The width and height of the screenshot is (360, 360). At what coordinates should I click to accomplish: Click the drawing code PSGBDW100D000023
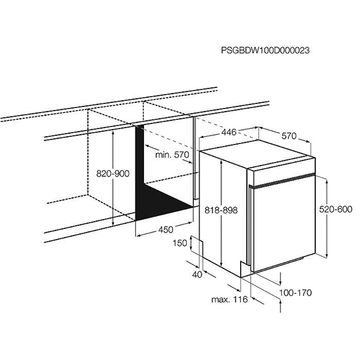[265, 50]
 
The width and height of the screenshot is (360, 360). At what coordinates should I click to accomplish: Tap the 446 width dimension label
[229, 132]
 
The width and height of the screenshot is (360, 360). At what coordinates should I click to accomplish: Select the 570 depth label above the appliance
[289, 136]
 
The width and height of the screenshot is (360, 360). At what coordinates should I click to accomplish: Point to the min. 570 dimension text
[172, 155]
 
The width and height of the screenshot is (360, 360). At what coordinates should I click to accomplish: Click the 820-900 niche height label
[113, 174]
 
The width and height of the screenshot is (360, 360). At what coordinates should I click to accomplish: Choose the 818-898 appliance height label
[221, 210]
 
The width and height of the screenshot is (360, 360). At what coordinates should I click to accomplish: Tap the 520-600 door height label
[336, 209]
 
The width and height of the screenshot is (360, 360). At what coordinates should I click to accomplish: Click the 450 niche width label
[166, 229]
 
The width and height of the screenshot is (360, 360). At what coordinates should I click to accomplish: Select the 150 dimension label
[180, 243]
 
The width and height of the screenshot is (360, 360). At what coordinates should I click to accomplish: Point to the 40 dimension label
[197, 274]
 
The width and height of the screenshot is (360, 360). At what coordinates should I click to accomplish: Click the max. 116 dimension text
[229, 299]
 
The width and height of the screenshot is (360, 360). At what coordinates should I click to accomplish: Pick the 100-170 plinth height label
[296, 293]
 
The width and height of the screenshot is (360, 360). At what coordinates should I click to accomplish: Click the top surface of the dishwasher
[257, 154]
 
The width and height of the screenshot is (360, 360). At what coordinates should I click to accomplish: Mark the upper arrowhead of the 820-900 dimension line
[113, 133]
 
